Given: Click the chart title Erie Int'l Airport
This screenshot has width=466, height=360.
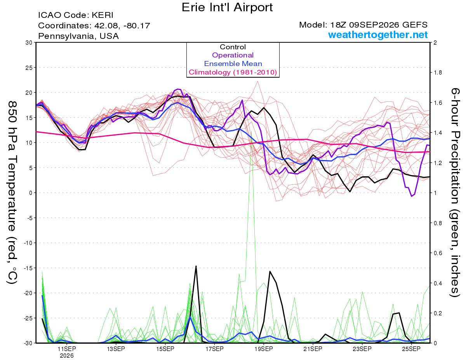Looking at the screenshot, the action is click(x=227, y=7).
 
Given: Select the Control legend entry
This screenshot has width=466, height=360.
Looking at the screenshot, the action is click(x=233, y=47).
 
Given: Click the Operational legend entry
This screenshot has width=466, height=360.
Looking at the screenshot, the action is click(x=233, y=55).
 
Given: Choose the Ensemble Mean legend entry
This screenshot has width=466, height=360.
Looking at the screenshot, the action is click(x=233, y=64).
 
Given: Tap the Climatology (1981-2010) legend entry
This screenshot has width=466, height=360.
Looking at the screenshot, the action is click(x=233, y=72).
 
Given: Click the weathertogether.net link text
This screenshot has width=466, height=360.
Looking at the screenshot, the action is click(x=378, y=35).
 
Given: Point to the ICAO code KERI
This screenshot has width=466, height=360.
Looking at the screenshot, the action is click(x=103, y=15).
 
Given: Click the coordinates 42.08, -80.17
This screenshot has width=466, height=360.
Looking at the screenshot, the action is click(x=122, y=26).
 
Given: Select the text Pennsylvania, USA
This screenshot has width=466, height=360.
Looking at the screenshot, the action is click(x=78, y=36).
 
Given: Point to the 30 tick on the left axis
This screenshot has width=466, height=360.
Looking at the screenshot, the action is click(x=29, y=43).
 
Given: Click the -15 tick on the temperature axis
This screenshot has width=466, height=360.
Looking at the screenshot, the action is click(x=28, y=268).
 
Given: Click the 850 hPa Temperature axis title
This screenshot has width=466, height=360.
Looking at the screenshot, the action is click(x=12, y=193).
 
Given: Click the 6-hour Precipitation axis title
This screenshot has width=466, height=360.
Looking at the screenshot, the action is click(x=455, y=193).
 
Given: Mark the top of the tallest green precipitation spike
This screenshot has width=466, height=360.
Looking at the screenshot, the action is click(x=251, y=131).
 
